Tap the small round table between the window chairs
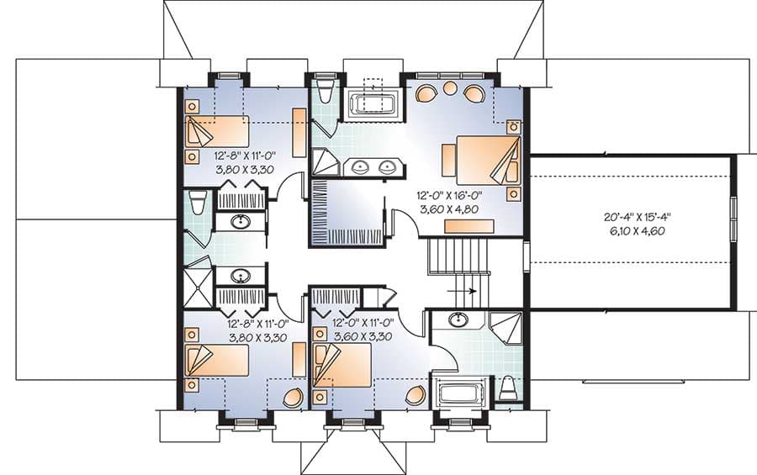click(450, 88)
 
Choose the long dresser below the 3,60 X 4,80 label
click(468, 225)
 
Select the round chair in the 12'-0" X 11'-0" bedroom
click(415, 394)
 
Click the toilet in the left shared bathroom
click(198, 202)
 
